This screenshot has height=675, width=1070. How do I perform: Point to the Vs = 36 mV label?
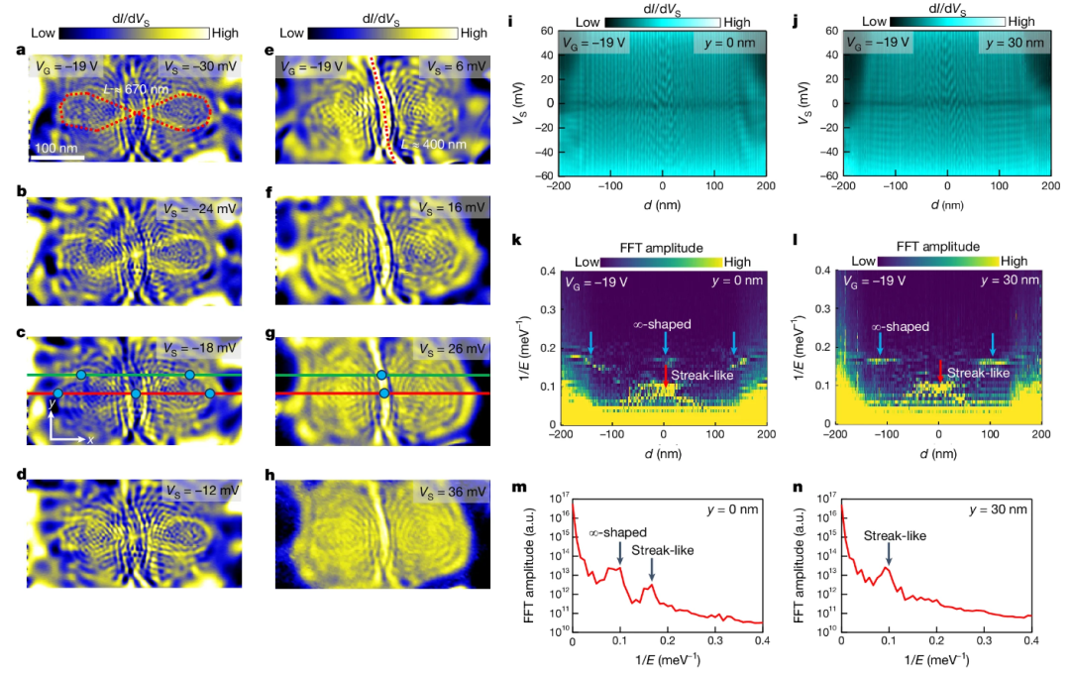452,493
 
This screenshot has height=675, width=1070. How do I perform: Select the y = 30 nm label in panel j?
1011,42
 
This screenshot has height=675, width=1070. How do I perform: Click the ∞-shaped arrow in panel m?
618,550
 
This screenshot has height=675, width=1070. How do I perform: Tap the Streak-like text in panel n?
895,535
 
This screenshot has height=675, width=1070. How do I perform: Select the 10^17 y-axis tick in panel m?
557,493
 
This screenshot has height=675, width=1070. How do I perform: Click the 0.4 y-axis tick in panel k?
548,270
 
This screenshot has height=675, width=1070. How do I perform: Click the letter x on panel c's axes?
90,439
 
